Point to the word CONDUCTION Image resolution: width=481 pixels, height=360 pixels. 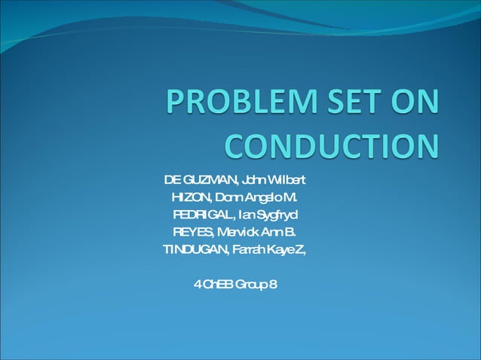(x=332, y=146)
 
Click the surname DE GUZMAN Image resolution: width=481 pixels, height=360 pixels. (x=199, y=181)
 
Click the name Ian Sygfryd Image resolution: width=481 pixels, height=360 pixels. (x=271, y=215)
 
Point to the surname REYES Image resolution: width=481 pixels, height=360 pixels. (x=193, y=231)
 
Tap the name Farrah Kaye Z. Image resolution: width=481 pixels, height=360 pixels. (x=267, y=249)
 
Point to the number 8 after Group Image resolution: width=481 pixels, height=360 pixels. (x=273, y=283)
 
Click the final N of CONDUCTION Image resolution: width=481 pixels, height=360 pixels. (x=426, y=146)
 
